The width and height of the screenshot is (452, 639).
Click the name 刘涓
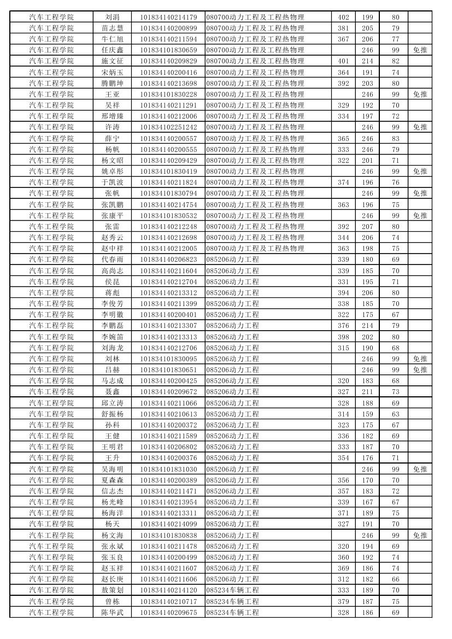tap(113, 17)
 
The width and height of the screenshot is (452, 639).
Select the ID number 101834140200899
tap(168, 28)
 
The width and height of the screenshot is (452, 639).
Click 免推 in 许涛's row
tap(420, 127)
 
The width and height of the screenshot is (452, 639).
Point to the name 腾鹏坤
tap(113, 83)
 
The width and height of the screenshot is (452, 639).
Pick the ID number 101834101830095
tap(168, 359)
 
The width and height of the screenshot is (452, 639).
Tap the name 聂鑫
tap(113, 392)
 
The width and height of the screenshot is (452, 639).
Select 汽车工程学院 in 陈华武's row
tap(51, 612)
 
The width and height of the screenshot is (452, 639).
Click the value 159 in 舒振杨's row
tap(368, 414)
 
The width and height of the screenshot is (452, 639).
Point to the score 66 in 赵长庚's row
tap(396, 579)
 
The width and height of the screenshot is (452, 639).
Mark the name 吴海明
tap(113, 469)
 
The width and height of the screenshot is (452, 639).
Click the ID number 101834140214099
tap(168, 524)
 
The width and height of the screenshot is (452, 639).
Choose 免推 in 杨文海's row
tap(420, 535)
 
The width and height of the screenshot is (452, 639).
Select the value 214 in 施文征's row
tap(368, 61)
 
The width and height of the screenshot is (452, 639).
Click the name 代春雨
tap(113, 260)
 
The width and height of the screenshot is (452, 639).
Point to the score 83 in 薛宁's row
tap(396, 138)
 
